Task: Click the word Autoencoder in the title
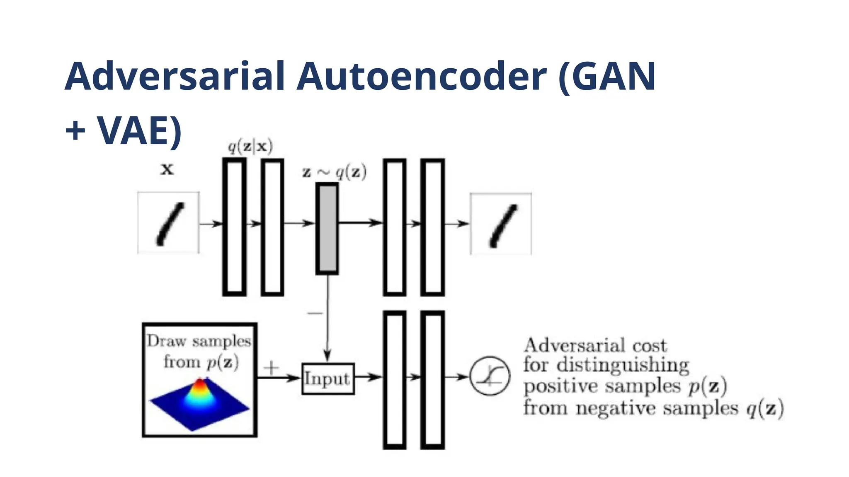(x=422, y=77)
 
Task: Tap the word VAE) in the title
(x=140, y=130)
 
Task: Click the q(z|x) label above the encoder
(x=250, y=147)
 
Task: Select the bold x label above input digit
(x=167, y=169)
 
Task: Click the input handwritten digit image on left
(x=168, y=223)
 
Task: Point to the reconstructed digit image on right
(x=501, y=224)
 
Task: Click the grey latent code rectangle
(x=327, y=229)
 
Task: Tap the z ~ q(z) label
(x=334, y=172)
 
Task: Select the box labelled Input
(x=328, y=378)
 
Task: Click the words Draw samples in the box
(x=199, y=342)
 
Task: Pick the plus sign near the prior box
(x=272, y=367)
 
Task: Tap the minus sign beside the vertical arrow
(x=315, y=313)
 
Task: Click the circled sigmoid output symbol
(x=490, y=376)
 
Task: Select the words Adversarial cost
(x=595, y=345)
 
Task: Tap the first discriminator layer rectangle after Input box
(x=395, y=379)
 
